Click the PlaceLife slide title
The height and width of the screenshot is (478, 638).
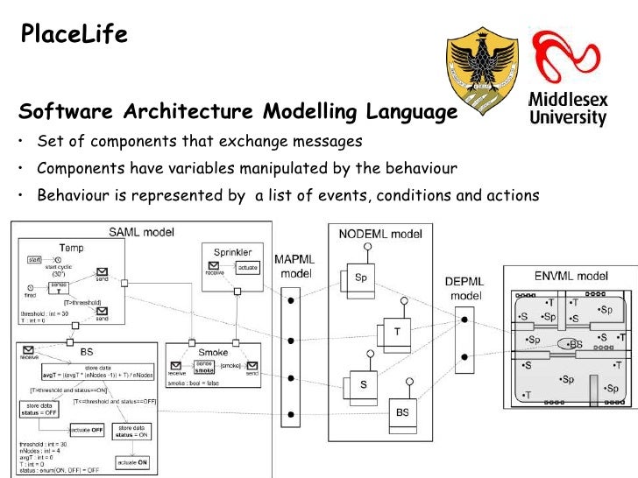[74, 34]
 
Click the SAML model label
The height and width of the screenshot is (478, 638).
[141, 232]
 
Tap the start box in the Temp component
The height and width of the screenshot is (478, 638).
[35, 260]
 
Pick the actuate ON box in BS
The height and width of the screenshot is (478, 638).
[132, 461]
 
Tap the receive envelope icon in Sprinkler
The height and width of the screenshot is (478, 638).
[215, 267]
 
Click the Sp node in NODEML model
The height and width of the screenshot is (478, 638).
[360, 278]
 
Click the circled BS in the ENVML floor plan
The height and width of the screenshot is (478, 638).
[574, 344]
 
